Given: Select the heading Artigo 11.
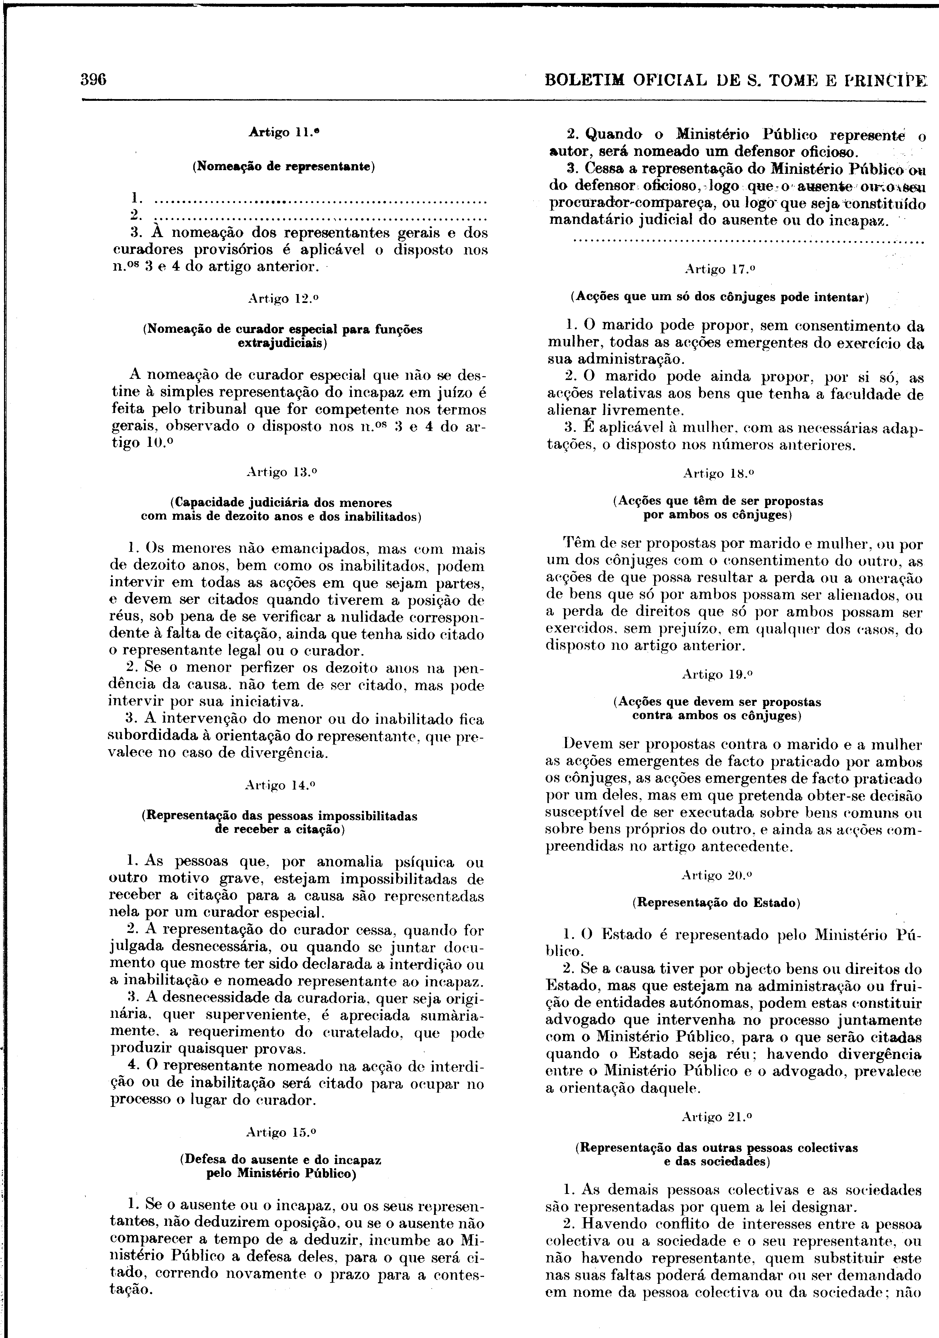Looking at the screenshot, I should pos(284,132).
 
